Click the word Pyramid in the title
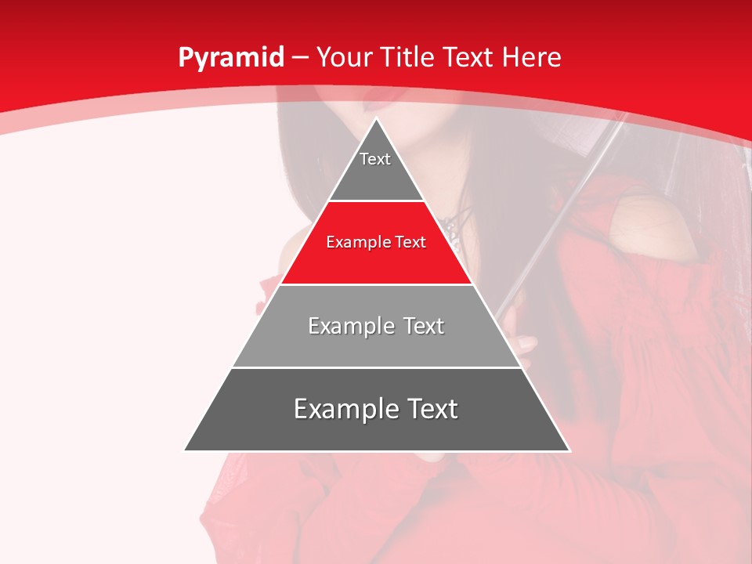[230, 58]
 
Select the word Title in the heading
[408, 58]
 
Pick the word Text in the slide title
[469, 58]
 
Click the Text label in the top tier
[375, 159]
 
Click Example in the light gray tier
[350, 326]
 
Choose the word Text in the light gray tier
[424, 326]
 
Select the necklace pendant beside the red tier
[452, 230]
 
